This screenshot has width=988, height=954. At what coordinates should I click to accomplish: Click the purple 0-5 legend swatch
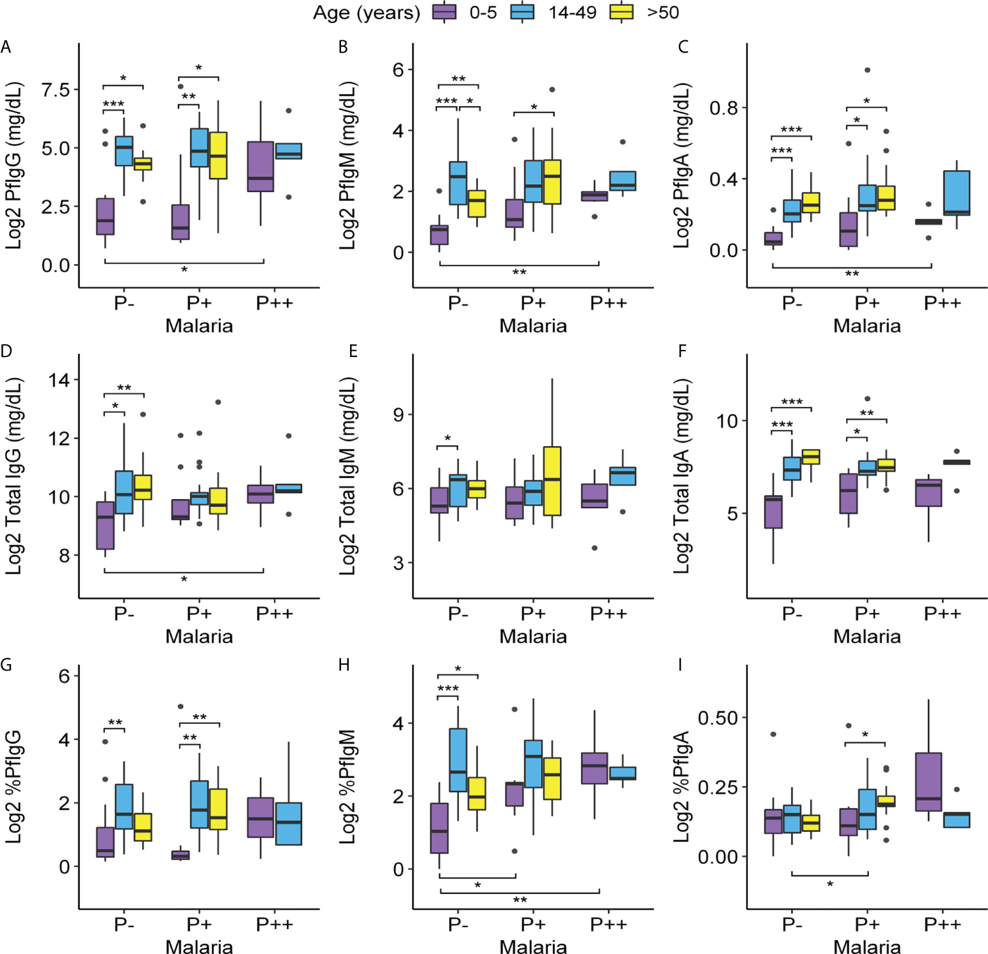[444, 12]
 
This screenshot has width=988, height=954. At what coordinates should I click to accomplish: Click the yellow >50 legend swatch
[621, 12]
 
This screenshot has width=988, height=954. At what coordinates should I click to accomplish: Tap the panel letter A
[6, 47]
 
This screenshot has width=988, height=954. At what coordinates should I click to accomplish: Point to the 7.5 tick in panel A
[56, 90]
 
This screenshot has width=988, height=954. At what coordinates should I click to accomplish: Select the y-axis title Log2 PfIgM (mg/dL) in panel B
[347, 165]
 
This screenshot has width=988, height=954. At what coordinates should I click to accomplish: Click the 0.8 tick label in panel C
[723, 107]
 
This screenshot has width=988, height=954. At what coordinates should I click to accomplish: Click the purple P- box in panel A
[105, 216]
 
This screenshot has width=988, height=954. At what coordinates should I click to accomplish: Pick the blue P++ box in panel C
[957, 193]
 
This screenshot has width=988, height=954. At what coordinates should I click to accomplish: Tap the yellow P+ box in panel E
[552, 481]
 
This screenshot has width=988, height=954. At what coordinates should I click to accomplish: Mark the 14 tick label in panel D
[59, 380]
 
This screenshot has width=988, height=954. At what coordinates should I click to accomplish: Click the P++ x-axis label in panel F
[942, 614]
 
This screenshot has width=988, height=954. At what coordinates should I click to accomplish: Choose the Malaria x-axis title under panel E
[533, 637]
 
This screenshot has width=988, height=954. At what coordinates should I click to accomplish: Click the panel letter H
[344, 665]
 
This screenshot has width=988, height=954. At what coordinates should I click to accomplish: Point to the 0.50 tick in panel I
[717, 718]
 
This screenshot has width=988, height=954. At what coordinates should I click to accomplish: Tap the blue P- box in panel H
[458, 759]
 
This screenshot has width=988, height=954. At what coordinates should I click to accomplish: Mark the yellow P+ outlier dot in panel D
[218, 402]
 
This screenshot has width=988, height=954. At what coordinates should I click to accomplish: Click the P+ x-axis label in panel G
[199, 925]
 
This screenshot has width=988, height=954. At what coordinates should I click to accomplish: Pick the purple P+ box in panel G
[180, 855]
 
